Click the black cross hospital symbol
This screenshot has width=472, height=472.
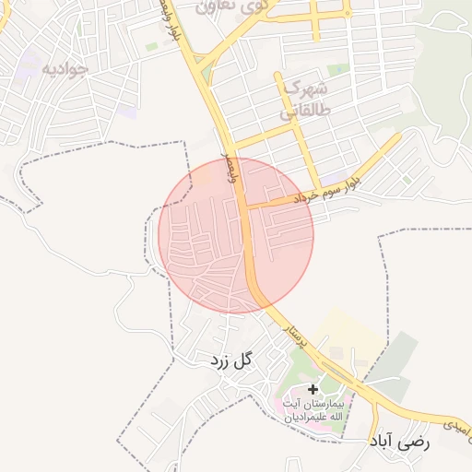[x=313, y=390]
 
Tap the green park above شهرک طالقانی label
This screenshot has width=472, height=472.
[x=338, y=69]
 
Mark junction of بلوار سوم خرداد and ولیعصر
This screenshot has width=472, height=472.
[x=252, y=206]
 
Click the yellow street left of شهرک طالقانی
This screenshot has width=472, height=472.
[x=278, y=101]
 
